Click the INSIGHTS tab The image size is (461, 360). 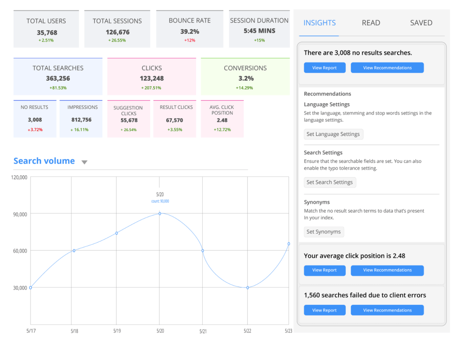[x=319, y=23]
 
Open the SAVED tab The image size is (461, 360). [x=421, y=23]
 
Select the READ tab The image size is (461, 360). [x=371, y=23]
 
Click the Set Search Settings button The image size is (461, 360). [x=330, y=182]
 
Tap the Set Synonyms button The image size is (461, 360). [x=324, y=232]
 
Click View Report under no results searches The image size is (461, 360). [x=324, y=68]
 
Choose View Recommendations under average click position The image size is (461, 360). [x=387, y=270]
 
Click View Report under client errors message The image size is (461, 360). [x=324, y=310]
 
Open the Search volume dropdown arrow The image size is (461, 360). [x=85, y=162]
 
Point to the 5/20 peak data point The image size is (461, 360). [x=160, y=214]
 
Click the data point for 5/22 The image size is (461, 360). [x=247, y=288]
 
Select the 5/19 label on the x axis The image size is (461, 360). [x=117, y=331]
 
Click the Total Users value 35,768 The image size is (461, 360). [x=46, y=33]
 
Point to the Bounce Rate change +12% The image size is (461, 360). [x=189, y=40]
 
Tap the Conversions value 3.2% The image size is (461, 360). [x=245, y=78]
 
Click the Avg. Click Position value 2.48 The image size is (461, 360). [x=222, y=120]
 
